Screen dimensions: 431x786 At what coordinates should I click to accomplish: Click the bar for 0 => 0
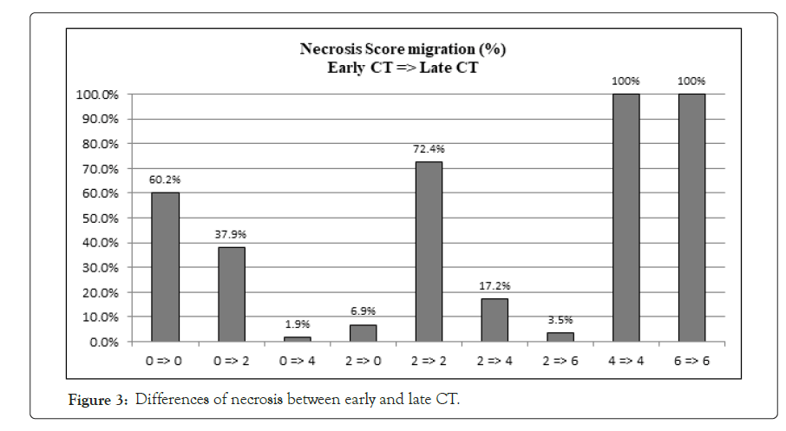pos(166,267)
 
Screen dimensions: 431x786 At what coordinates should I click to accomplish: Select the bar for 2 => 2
pos(429,251)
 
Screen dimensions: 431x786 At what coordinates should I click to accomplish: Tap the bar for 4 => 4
pos(626,218)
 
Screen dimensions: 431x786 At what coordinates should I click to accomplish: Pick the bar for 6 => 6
pos(691,218)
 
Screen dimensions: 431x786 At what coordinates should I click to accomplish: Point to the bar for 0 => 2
pos(232,294)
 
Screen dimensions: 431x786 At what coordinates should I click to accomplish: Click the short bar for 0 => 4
pos(298,339)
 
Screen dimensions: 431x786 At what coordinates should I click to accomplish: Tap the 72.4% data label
pos(429,149)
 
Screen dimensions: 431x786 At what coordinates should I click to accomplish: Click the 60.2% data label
pos(166,180)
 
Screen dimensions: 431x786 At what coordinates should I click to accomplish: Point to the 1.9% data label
pos(298,324)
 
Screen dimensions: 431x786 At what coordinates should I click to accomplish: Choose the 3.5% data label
pos(560,320)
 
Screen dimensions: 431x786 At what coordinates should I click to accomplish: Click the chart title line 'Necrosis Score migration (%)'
pos(403,49)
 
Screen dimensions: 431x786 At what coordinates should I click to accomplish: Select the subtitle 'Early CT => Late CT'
pos(403,68)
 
